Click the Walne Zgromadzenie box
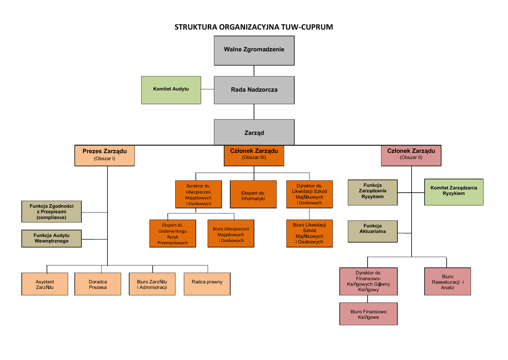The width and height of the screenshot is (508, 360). click(254, 50)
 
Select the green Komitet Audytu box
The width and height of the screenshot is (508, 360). click(171, 90)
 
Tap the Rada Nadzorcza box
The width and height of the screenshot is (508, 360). click(254, 90)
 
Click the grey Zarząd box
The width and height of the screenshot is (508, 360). click(254, 133)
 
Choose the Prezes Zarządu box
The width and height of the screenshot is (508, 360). click(105, 155)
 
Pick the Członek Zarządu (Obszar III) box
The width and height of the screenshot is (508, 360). click(254, 155)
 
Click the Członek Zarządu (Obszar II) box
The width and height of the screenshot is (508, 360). click(411, 155)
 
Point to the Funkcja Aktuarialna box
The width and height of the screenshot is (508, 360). click(373, 231)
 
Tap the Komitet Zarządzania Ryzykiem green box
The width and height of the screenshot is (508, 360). click(454, 192)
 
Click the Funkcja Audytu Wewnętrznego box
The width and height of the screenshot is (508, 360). click(52, 238)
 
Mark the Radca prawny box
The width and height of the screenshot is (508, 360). click(207, 284)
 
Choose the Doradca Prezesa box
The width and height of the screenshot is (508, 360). click(98, 284)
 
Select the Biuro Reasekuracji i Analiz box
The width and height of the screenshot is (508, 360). click(447, 282)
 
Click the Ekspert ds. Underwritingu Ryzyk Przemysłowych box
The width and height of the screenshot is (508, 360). click(173, 233)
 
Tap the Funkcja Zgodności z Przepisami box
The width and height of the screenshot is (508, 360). click(52, 212)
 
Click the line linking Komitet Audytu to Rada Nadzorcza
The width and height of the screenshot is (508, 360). click(207, 90)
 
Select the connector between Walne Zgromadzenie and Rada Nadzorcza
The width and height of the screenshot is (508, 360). click(254, 71)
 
